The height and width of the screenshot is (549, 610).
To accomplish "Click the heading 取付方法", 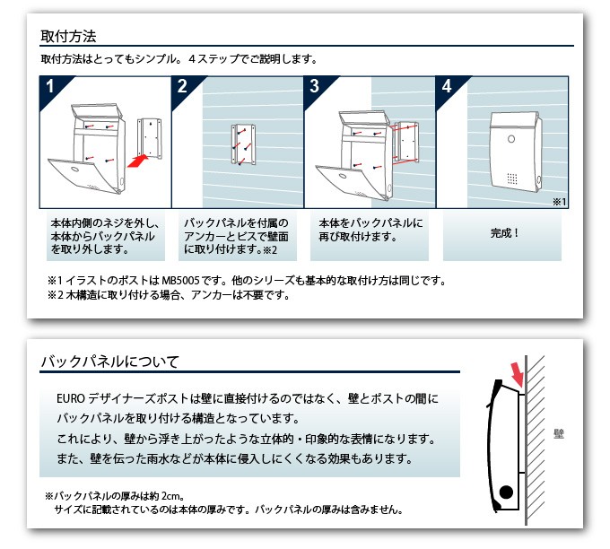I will [x=68, y=37].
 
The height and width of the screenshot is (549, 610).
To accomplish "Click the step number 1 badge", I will [x=51, y=87].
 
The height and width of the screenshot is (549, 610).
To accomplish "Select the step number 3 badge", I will [x=315, y=87].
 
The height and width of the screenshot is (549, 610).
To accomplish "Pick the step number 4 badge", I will [x=447, y=87].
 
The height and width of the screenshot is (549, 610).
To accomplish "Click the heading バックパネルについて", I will [x=109, y=362].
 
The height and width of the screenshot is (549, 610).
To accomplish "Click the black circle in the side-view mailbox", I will [x=506, y=492].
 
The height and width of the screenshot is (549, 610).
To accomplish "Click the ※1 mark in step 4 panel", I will [x=559, y=203].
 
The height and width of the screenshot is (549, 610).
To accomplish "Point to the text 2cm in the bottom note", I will [x=172, y=495].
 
